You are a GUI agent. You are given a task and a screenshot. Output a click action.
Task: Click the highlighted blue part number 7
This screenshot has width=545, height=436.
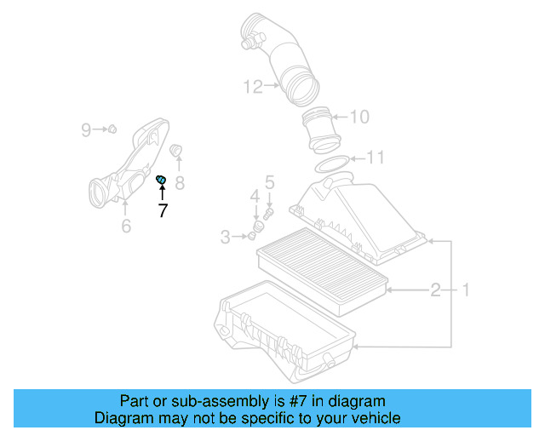tap(160, 178)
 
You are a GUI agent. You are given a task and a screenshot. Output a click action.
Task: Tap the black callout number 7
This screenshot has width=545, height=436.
tap(163, 210)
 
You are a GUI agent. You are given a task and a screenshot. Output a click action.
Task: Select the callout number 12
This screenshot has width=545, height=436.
tap(252, 86)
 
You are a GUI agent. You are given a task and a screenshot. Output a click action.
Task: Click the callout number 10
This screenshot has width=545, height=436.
tap(359, 117)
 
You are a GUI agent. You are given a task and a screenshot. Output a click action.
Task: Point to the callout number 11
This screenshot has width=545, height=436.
tap(375, 158)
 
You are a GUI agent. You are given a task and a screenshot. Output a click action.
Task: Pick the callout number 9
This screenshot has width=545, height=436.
tap(86, 129)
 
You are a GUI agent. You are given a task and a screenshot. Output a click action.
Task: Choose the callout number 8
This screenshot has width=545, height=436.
tap(180, 182)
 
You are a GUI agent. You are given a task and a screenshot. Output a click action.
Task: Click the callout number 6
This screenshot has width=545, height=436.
tap(125, 226)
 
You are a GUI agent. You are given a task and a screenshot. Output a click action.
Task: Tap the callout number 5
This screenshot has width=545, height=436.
tap(269, 181)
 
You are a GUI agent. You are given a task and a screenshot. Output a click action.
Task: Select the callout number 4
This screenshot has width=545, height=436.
tap(254, 198)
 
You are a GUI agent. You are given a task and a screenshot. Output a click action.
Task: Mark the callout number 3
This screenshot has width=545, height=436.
tap(226, 237)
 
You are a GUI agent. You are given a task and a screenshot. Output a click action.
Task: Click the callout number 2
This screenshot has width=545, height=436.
tap(435, 290)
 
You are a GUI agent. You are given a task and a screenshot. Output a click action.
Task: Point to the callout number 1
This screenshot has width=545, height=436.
tap(465, 290)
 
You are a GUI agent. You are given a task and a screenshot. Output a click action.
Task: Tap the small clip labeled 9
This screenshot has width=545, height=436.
tap(110, 129)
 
